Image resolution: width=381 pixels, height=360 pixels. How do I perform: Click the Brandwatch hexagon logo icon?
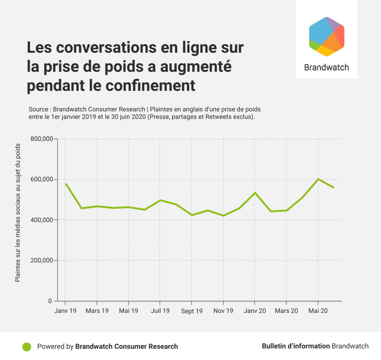pos(326,37)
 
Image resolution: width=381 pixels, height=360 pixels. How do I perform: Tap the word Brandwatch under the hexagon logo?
pos(326,67)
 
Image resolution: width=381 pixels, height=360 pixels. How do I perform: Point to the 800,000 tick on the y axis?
pos(42,139)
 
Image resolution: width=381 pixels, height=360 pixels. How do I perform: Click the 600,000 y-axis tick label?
pos(42,179)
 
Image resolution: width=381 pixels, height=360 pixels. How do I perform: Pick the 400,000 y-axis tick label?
pos(42,220)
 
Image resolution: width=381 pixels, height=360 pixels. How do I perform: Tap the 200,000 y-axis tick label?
pos(42,261)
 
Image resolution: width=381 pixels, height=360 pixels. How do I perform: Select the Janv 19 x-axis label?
pos(65,311)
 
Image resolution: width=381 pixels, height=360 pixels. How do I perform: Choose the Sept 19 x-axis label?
pos(192,311)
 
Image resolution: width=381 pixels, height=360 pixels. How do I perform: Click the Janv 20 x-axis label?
pos(255,311)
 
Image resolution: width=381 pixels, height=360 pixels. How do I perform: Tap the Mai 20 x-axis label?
pos(318,311)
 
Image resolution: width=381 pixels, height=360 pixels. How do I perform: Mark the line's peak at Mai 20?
pos(318,179)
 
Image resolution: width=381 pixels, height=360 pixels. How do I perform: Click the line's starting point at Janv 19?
pos(65,184)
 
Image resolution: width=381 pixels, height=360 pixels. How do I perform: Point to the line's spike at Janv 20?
pos(255,193)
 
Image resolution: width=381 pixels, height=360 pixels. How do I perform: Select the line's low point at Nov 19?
pos(223,216)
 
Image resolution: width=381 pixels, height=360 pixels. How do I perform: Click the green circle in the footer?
pos(27,347)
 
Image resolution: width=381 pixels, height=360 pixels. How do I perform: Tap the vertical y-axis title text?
pos(18,213)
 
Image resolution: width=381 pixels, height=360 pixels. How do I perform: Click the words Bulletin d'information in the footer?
pos(295,346)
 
